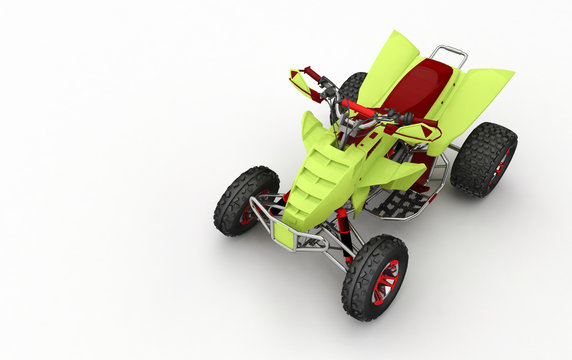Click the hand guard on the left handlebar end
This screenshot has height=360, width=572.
(301, 85)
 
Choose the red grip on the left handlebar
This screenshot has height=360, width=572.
(313, 75)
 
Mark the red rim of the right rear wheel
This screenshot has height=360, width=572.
(500, 163)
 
